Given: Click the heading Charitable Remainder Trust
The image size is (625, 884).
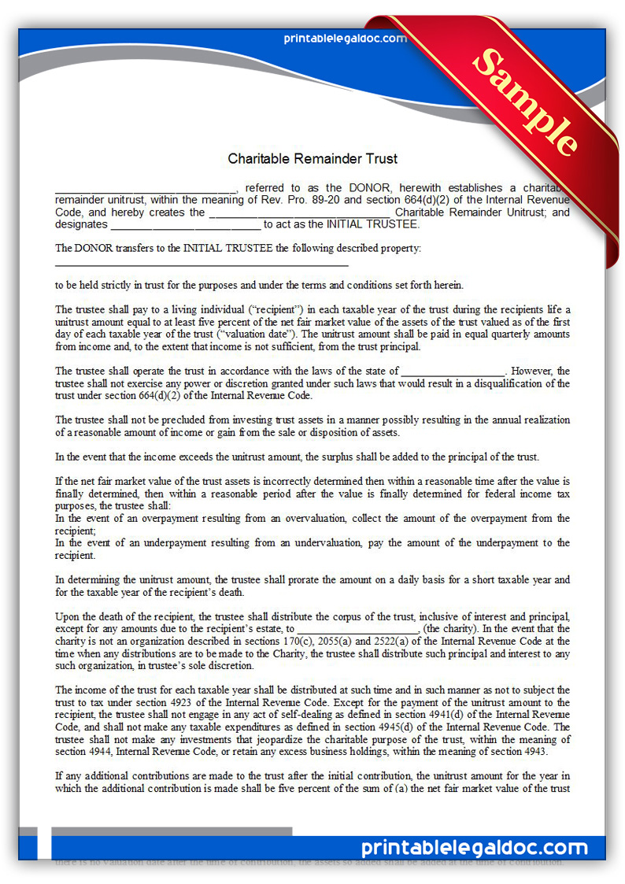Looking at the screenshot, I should pos(312,158).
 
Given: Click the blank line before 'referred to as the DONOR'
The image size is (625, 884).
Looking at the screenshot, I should pos(146,189).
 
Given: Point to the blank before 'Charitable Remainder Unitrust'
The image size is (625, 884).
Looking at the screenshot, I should pos(301,213).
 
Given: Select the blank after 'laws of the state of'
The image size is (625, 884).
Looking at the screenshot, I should pos(453,371).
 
